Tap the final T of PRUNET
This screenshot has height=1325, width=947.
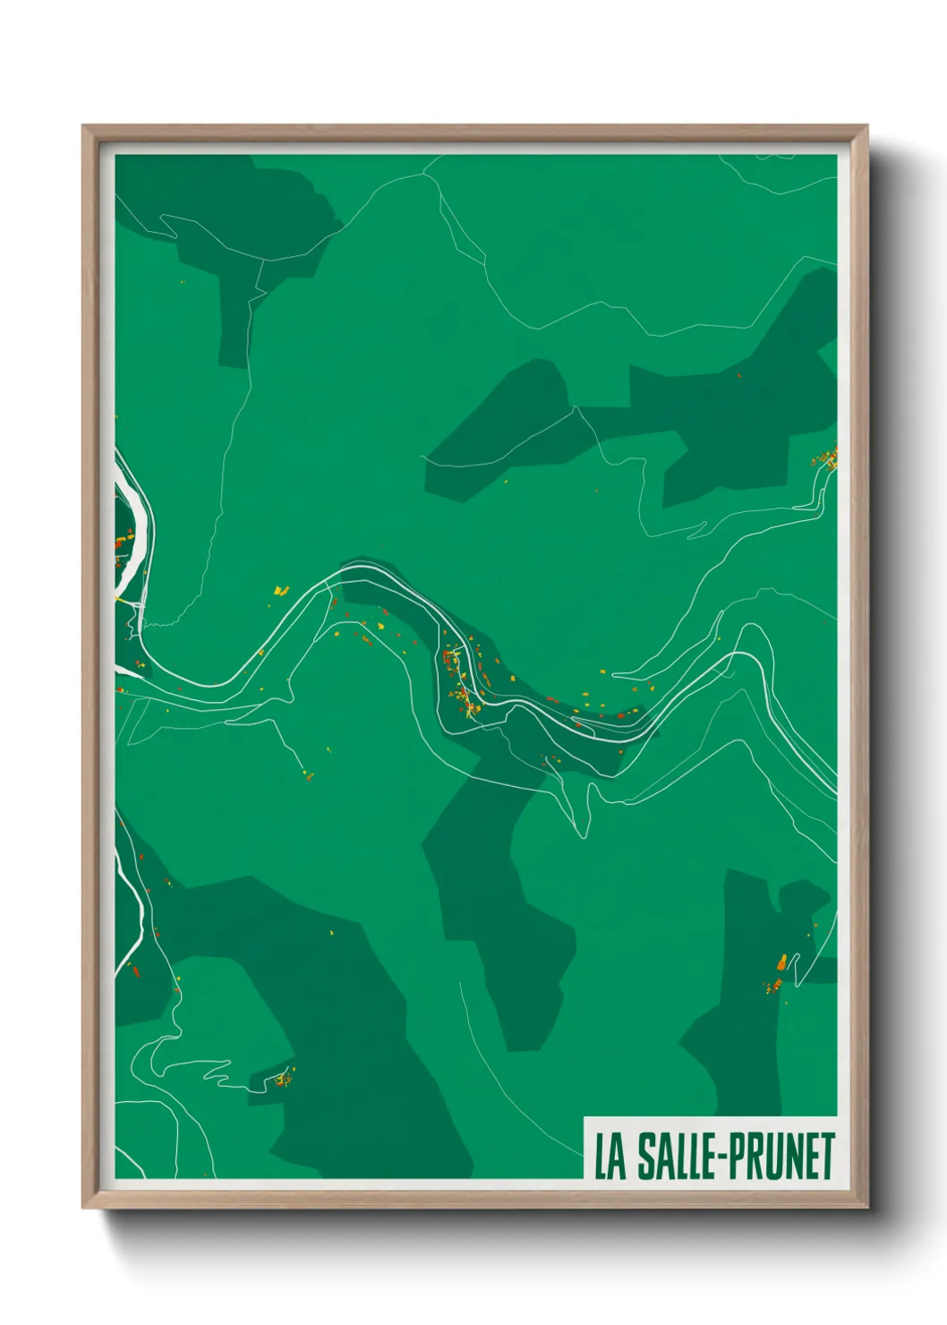(827, 1157)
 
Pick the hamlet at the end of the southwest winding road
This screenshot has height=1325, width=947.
(283, 1078)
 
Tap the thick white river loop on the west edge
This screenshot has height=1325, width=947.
(134, 528)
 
